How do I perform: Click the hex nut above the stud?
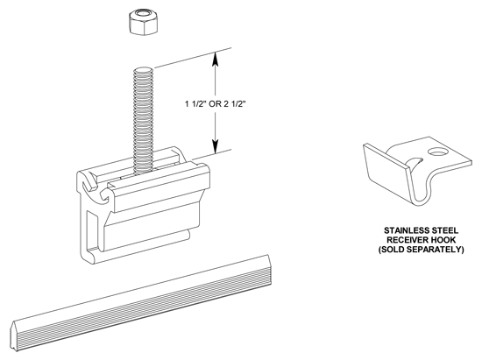pos(143,22)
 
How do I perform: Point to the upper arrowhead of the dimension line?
pos(216,59)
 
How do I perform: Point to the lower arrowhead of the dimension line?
pos(216,146)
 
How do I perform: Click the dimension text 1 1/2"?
pos(195,104)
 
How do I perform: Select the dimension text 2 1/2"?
pos(236,104)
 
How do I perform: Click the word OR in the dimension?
pos(216,104)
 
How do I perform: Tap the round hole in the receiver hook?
pos(436,152)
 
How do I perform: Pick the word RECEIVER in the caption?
pos(406,240)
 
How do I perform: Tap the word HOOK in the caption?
pos(442,240)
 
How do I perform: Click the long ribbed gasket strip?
pos(141,302)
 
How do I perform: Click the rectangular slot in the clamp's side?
pos(91,231)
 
